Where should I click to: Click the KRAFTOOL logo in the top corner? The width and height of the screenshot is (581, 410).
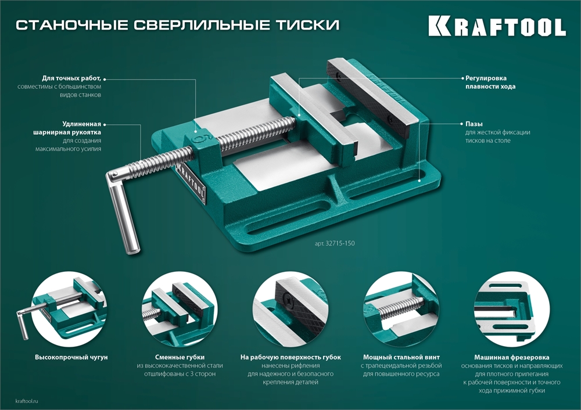pyautogui.click(x=497, y=26)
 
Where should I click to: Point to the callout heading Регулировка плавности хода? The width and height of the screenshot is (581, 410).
pyautogui.click(x=490, y=81)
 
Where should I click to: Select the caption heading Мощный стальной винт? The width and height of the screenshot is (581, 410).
pyautogui.click(x=401, y=357)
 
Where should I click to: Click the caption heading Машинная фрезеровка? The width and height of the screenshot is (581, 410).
pyautogui.click(x=511, y=357)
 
